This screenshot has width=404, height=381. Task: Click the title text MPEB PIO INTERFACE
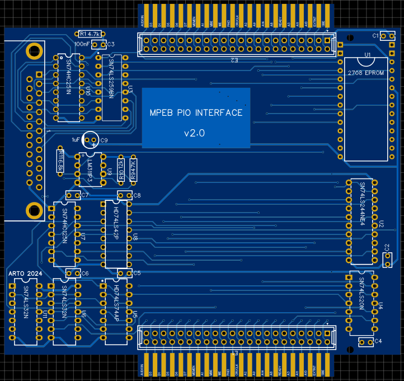pos(196,112)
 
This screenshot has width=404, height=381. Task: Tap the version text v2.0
pos(195,133)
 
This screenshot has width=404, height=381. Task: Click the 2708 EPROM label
pos(366,73)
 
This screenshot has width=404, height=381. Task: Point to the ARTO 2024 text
pos(24,274)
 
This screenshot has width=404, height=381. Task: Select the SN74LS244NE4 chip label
pos(362,203)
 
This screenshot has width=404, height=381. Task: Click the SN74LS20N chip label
pos(362,294)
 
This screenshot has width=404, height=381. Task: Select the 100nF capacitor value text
pos(82,44)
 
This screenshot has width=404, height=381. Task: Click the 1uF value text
pos(76,139)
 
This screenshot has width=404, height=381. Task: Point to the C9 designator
pos(104,140)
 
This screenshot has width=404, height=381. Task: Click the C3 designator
pos(111,44)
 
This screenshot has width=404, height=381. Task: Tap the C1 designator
pos(376,36)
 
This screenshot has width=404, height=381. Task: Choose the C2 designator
pos(387,247)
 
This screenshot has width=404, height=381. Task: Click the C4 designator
pos(378,341)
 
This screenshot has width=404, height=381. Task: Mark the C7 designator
pos(85,195)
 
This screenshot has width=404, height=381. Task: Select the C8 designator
pos(137,195)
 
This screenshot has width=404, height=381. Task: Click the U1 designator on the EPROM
pos(368,55)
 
